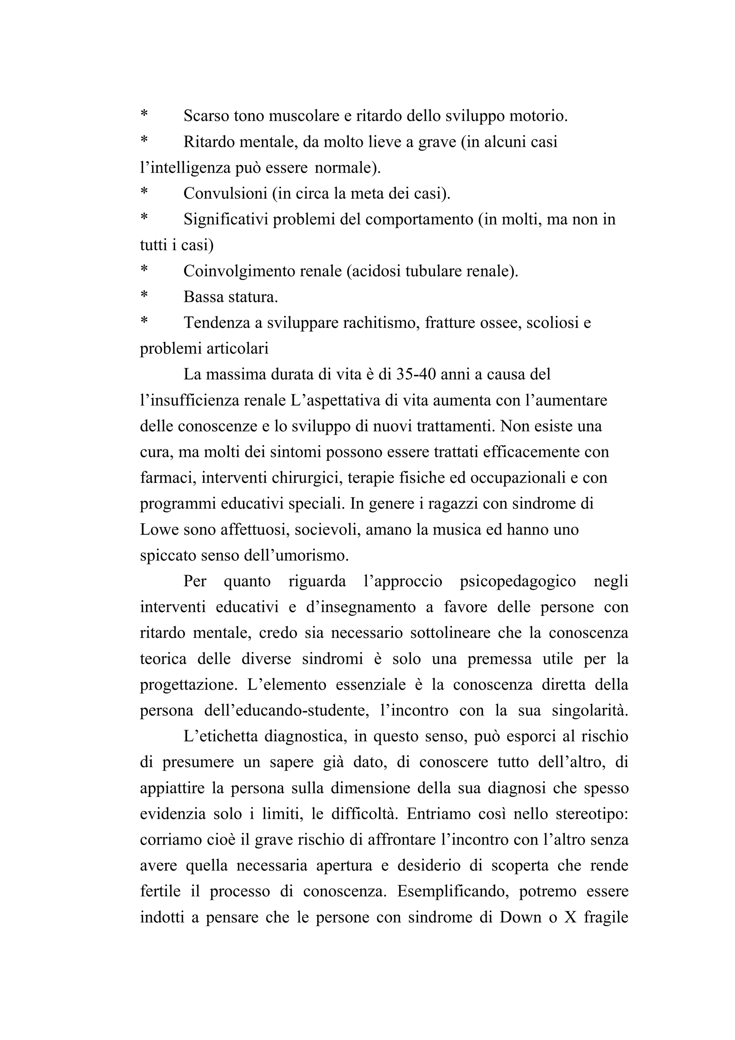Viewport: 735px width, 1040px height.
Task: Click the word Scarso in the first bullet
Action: point(206,116)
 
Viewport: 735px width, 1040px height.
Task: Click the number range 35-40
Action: point(415,374)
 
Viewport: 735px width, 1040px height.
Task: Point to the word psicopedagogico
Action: point(518,581)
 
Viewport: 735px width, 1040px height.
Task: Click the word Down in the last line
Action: point(520,917)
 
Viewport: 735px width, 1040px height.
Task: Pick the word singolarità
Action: point(590,711)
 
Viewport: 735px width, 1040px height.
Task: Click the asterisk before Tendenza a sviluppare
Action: point(144,322)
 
